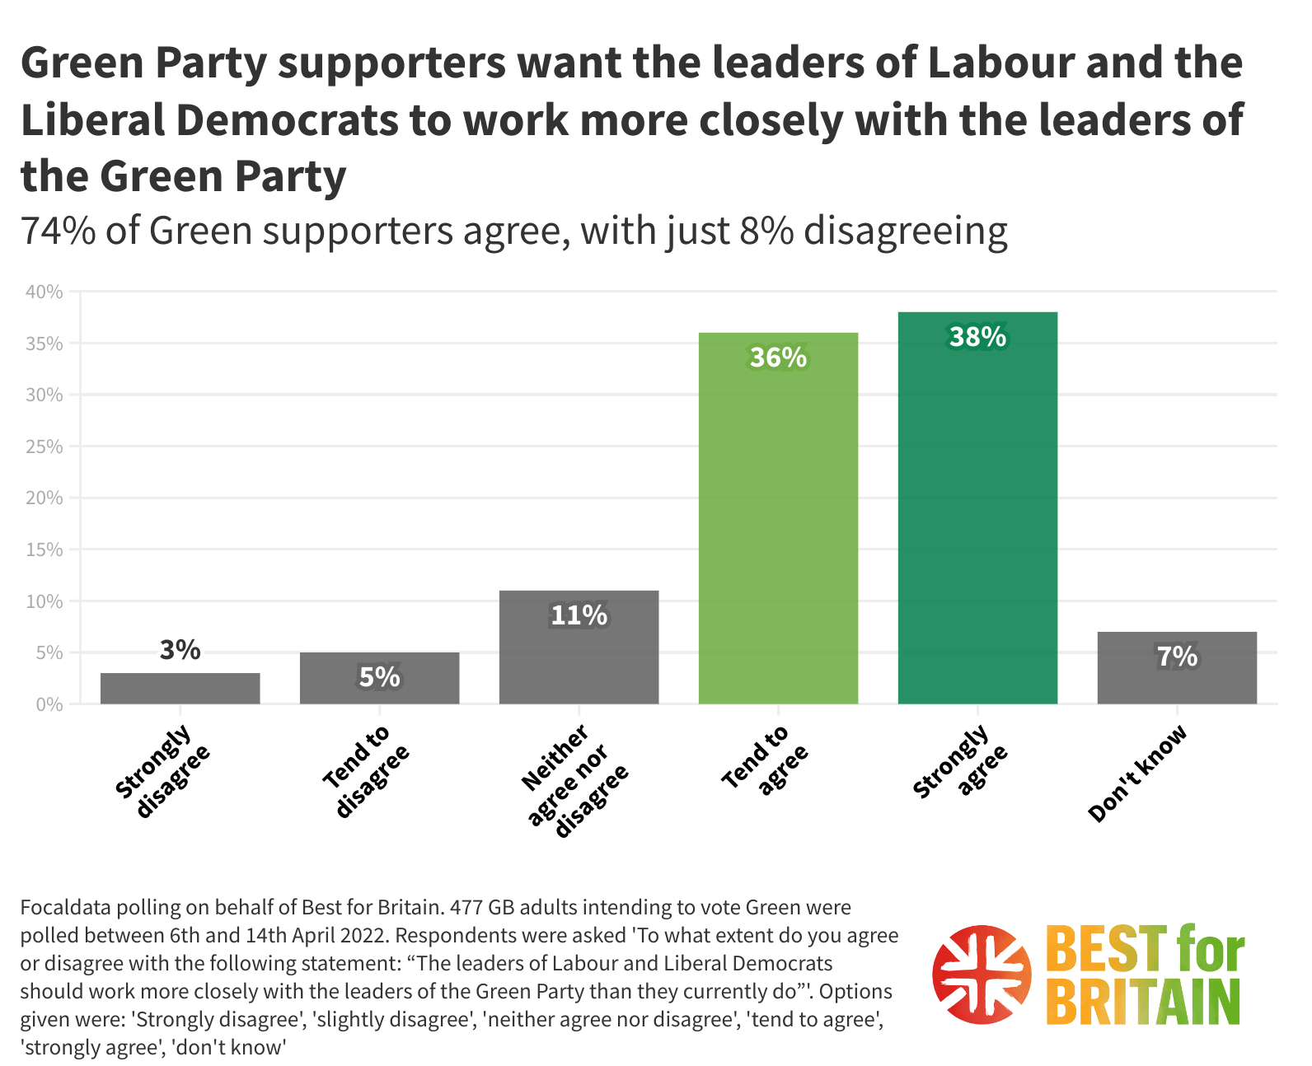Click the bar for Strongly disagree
tap(180, 689)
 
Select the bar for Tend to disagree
tap(379, 678)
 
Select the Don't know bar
tap(1177, 668)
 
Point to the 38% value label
tap(977, 337)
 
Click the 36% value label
tap(778, 358)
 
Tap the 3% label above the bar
tap(180, 650)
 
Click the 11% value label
tap(579, 615)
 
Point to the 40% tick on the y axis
tap(45, 292)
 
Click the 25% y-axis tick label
tap(45, 447)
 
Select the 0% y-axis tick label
tap(49, 704)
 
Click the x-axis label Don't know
tap(1137, 773)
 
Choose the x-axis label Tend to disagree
tap(366, 770)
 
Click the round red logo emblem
tap(982, 975)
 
